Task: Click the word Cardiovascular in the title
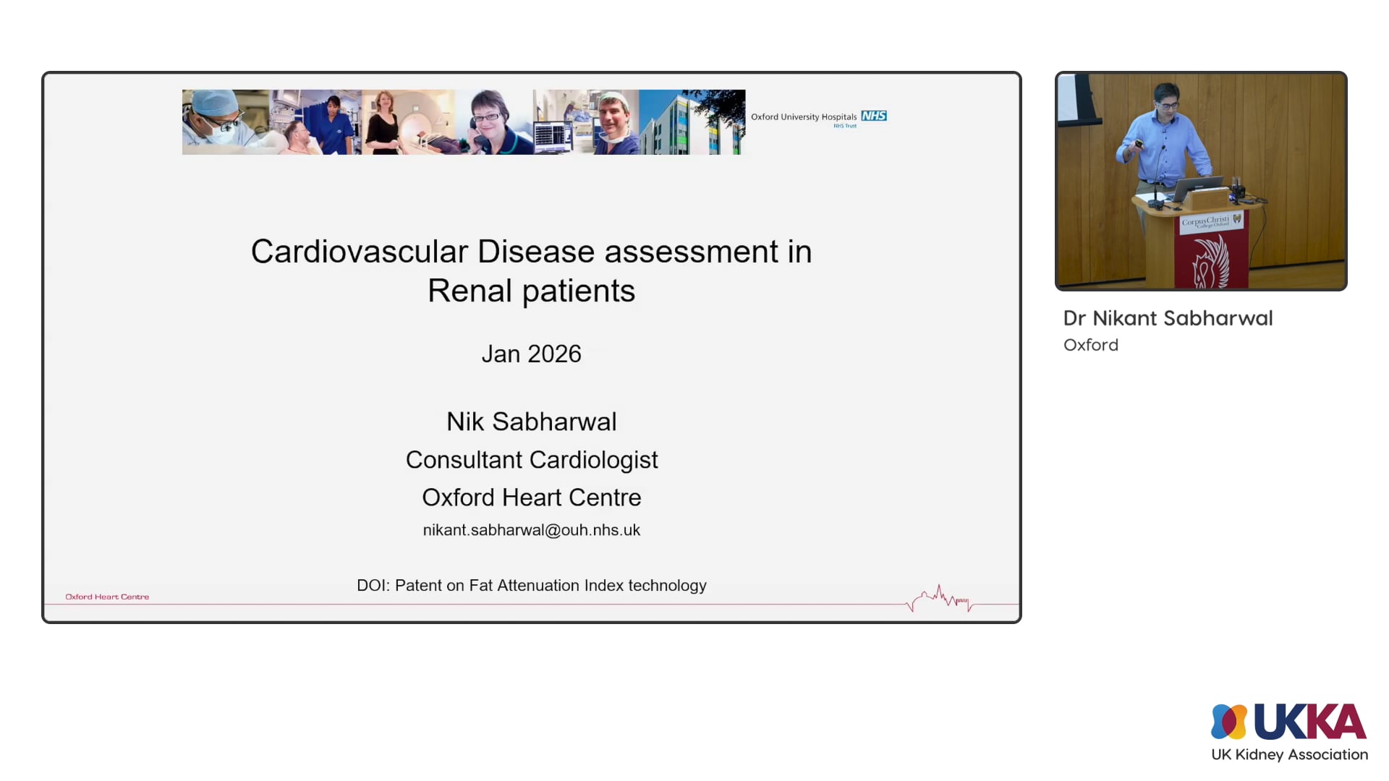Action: [x=360, y=252]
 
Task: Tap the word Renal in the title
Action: [x=470, y=291]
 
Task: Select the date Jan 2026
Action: [x=531, y=354]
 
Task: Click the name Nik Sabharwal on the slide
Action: [x=531, y=422]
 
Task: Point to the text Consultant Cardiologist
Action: [x=531, y=460]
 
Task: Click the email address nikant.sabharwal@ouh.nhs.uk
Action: [x=531, y=530]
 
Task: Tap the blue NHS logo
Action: [x=874, y=116]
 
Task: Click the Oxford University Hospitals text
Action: [x=803, y=116]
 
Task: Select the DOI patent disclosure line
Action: [x=531, y=585]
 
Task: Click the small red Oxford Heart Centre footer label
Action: [x=107, y=597]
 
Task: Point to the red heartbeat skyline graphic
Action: [x=940, y=599]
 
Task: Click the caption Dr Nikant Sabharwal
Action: [x=1168, y=318]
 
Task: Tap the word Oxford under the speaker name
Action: [x=1090, y=345]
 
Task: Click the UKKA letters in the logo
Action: [x=1309, y=721]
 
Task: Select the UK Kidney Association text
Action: [x=1289, y=754]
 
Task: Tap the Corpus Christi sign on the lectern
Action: [x=1207, y=221]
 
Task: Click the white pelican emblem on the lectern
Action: [x=1210, y=264]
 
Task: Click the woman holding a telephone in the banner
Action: [x=490, y=121]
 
